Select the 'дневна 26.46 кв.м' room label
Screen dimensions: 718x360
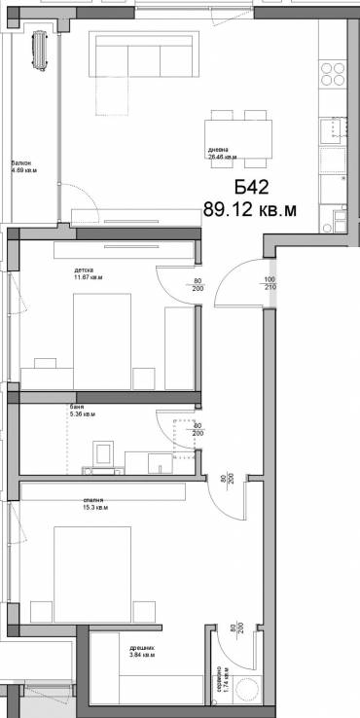pyautogui.click(x=221, y=152)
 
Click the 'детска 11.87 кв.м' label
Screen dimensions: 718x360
pyautogui.click(x=89, y=273)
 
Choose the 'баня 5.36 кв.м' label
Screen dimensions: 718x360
pyautogui.click(x=81, y=409)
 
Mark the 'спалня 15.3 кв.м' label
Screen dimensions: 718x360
pyautogui.click(x=94, y=503)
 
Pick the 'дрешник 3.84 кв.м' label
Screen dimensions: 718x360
pyautogui.click(x=129, y=651)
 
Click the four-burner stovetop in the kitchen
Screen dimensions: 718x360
pyautogui.click(x=333, y=76)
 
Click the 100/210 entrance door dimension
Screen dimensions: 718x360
pyautogui.click(x=269, y=285)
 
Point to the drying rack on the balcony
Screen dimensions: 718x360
pyautogui.click(x=40, y=50)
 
